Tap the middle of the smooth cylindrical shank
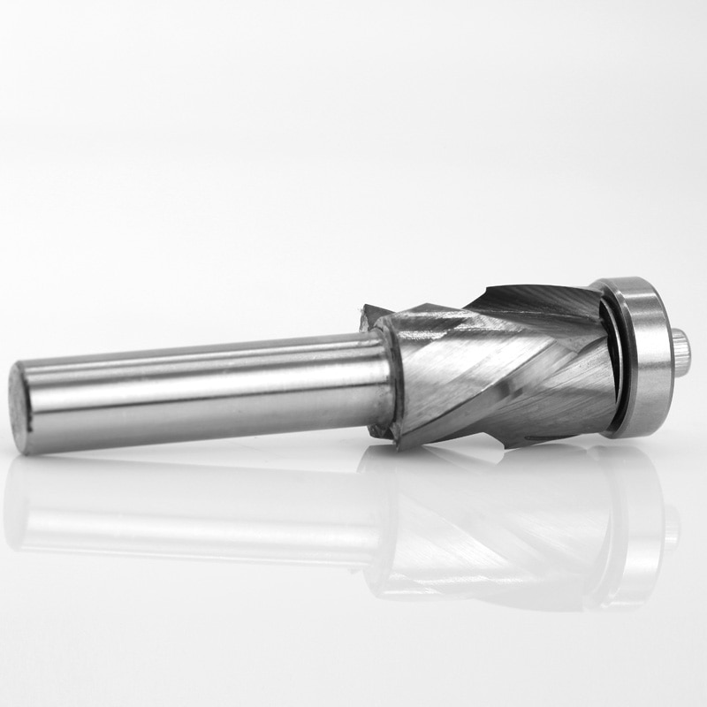tap(203, 389)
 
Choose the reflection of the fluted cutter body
tap(495, 530)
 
